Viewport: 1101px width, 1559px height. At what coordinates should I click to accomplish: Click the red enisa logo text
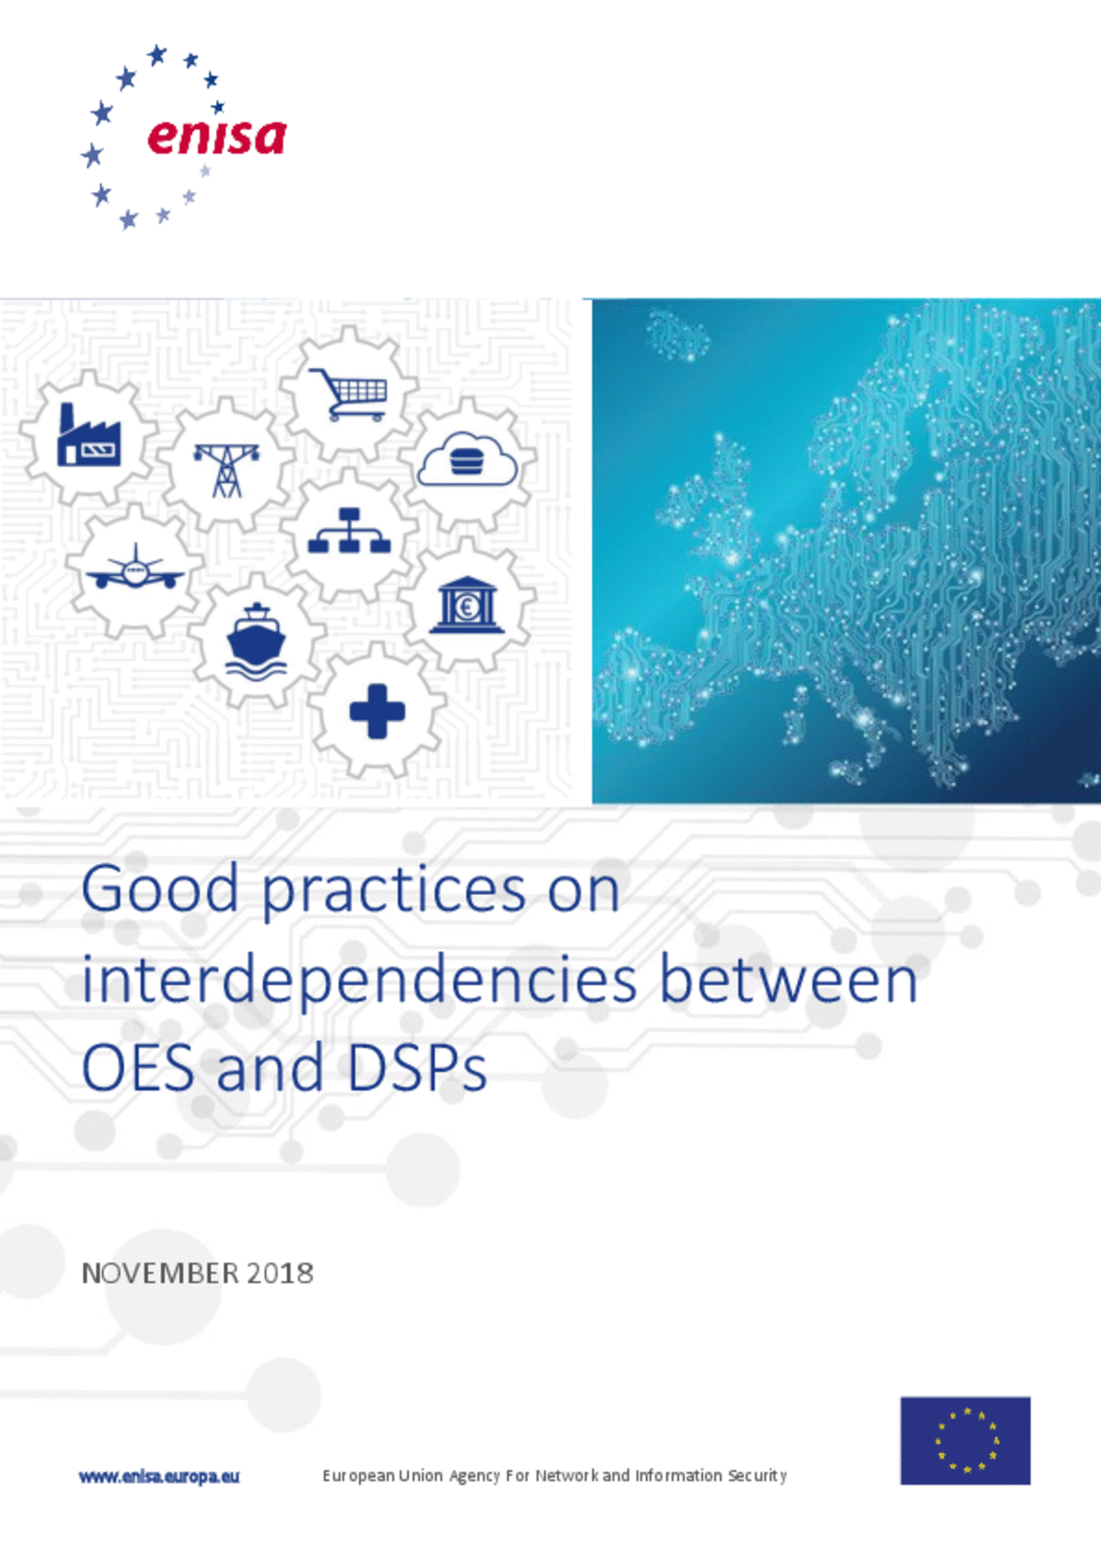[x=217, y=136]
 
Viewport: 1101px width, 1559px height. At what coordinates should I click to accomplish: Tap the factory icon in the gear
[x=88, y=435]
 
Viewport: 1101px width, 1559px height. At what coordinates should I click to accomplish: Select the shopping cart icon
[x=349, y=394]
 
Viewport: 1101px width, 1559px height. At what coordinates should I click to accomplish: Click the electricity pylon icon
[x=227, y=470]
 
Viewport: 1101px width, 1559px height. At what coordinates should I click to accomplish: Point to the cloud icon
[x=468, y=459]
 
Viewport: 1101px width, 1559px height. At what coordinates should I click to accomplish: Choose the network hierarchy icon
[x=349, y=531]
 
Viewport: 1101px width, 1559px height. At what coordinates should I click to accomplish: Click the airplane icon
[x=136, y=567]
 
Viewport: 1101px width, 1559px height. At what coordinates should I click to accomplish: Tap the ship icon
[x=256, y=641]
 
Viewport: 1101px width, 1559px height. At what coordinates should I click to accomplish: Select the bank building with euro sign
[x=467, y=604]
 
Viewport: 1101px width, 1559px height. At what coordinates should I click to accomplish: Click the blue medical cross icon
[x=377, y=711]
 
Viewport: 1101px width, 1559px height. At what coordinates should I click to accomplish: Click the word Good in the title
[x=160, y=889]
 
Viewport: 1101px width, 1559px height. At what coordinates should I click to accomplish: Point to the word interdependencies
[x=359, y=981]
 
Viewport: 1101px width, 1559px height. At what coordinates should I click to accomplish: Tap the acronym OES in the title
[x=138, y=1069]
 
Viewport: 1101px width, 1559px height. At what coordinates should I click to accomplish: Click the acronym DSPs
[x=417, y=1069]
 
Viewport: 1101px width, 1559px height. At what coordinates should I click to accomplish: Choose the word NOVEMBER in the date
[x=161, y=1274]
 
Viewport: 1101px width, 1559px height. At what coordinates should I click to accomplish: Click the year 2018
[x=281, y=1274]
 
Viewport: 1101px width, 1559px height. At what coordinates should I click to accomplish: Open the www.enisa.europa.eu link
[x=159, y=1476]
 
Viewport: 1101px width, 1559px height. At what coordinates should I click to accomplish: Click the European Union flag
[x=965, y=1441]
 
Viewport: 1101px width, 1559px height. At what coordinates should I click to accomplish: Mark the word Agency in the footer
[x=475, y=1476]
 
